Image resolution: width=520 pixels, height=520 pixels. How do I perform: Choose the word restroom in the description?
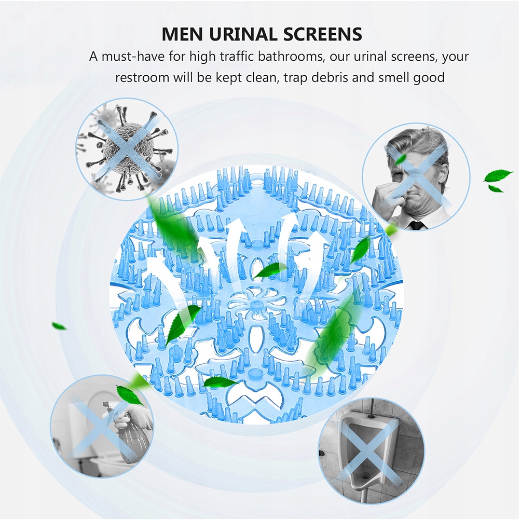[x=142, y=78]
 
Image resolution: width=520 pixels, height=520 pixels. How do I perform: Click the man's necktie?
[x=416, y=225]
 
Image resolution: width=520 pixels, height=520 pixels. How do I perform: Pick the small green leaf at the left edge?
[x=59, y=326]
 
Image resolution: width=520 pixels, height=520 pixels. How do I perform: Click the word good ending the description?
[x=429, y=78]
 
